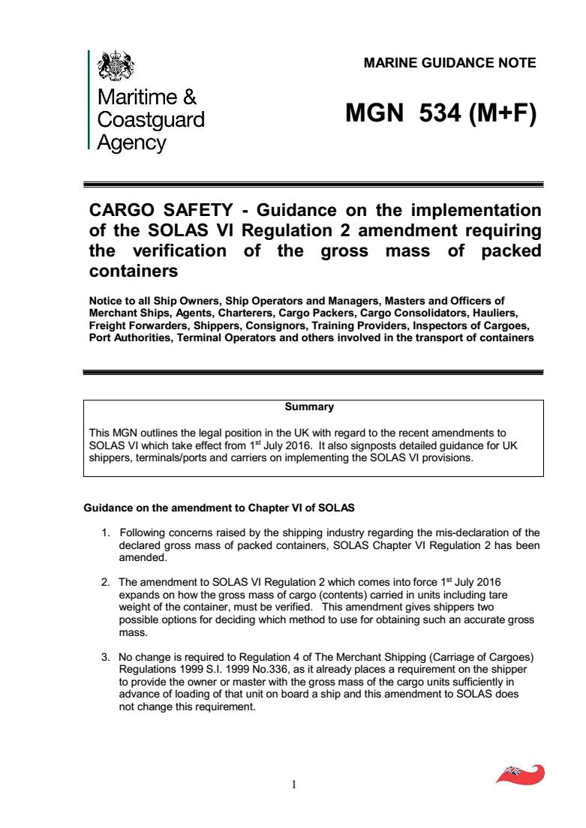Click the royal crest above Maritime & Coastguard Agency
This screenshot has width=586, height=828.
pos(116,66)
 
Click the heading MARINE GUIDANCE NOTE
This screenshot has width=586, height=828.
pos(449,63)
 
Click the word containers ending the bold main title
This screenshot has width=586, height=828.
pos(133,270)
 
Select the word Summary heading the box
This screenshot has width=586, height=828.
pos(309,407)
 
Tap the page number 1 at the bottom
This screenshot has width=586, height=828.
pos(294,785)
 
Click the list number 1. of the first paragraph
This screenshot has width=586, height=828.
pos(107,532)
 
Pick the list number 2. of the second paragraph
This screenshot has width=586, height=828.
pos(107,582)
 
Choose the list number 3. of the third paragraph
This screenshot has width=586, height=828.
pos(107,658)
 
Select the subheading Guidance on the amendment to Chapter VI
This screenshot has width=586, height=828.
pos(218,508)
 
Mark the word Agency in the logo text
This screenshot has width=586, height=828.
pos(132,142)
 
